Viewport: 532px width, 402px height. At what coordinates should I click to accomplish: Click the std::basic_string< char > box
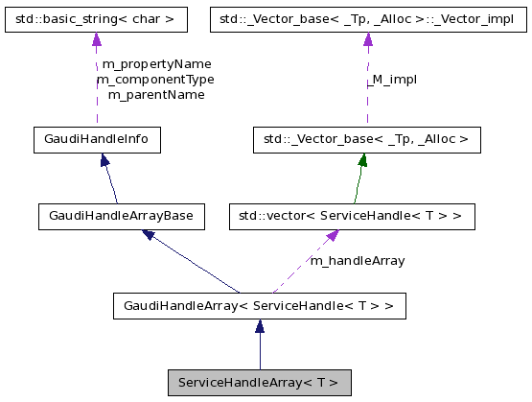95,17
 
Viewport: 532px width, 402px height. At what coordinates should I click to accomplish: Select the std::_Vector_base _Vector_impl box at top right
367,17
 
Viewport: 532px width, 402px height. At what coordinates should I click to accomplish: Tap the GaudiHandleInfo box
96,140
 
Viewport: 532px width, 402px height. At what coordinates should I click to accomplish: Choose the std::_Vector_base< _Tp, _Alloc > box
365,140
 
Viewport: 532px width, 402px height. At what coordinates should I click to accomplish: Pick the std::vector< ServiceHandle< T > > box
352,217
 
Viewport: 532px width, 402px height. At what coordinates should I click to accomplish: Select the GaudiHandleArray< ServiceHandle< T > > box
260,307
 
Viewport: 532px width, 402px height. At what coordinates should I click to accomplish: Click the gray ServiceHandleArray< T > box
259,383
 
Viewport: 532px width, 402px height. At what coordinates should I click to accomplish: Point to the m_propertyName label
156,64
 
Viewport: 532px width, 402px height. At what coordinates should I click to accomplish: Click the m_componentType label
155,80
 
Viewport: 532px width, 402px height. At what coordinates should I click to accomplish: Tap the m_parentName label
155,95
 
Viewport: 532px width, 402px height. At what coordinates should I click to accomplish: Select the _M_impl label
392,80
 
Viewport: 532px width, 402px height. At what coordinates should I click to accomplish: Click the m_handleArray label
357,260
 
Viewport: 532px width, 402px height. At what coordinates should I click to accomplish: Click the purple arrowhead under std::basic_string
96,39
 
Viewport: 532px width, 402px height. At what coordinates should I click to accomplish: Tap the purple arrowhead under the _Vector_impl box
367,39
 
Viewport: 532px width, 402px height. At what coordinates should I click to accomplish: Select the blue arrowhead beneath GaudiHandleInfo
104,161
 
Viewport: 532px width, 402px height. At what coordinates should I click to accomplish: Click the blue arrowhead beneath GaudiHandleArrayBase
149,234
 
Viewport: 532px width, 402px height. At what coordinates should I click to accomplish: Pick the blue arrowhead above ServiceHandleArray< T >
260,328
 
